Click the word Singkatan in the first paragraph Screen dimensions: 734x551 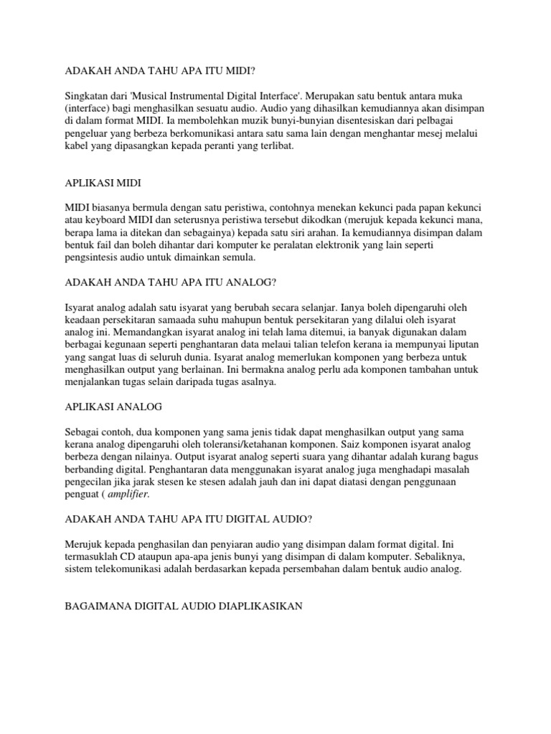(88, 95)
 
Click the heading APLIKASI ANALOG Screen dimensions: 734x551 (114, 407)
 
